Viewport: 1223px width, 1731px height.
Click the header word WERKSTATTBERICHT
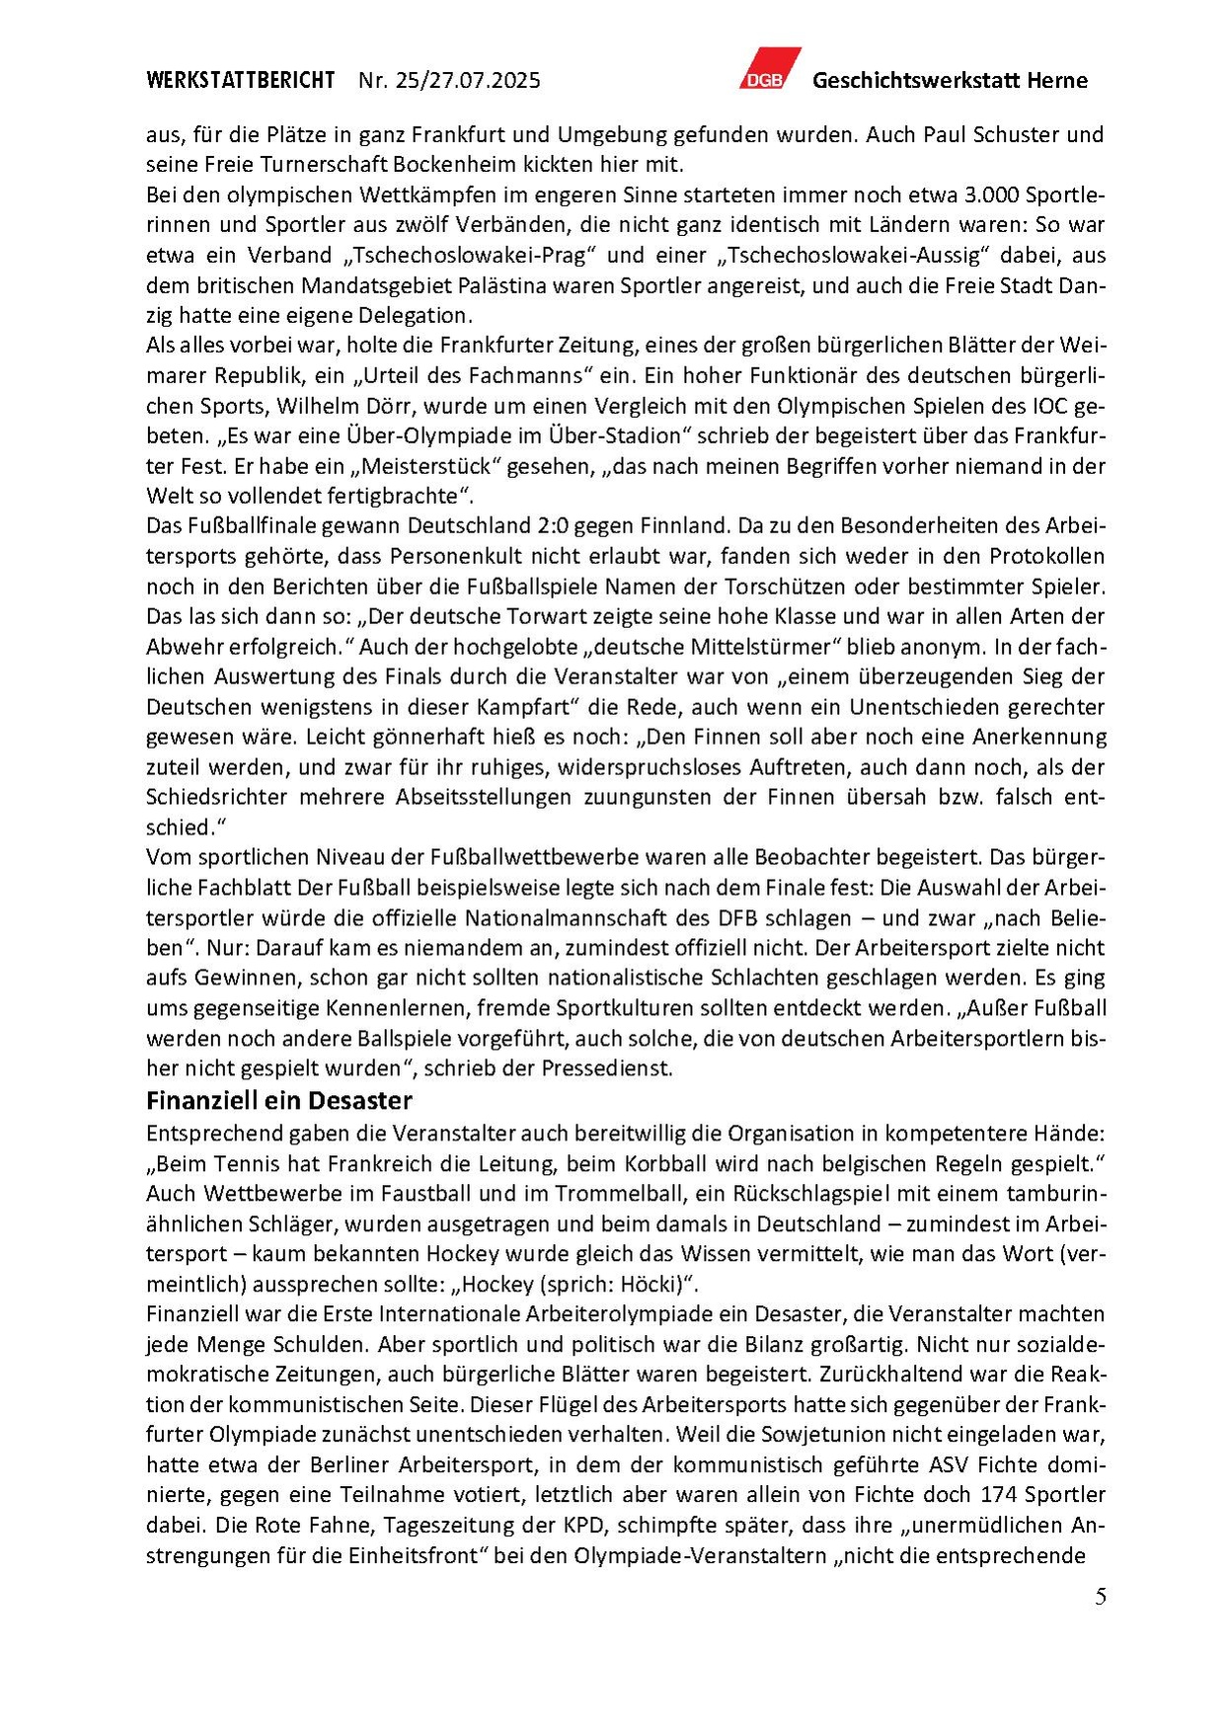240,81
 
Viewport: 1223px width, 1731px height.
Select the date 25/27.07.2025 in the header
467,81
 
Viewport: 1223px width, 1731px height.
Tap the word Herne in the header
1057,81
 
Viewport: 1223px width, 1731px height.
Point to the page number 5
1100,1598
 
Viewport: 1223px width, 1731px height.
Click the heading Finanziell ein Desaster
278,1100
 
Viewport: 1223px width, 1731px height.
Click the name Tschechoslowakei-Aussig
854,255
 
